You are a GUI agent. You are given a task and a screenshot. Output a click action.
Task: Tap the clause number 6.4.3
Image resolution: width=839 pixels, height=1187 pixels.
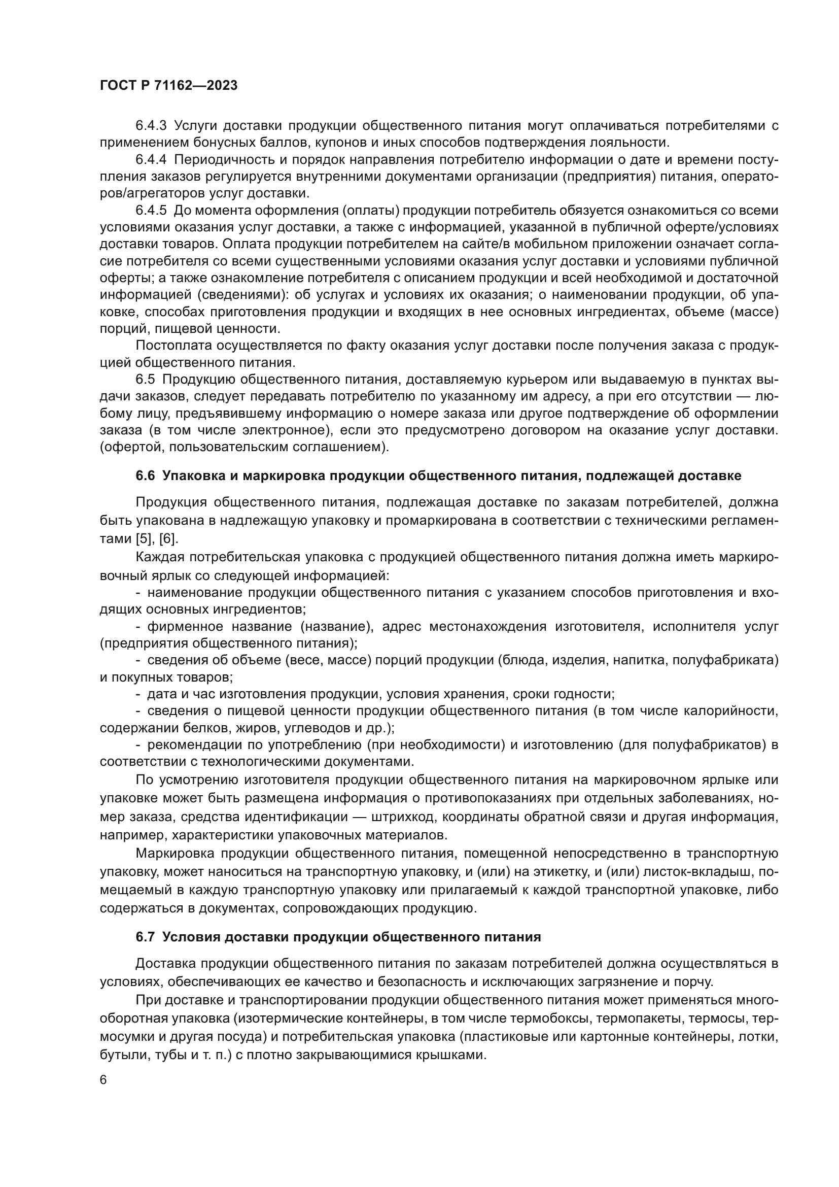click(151, 126)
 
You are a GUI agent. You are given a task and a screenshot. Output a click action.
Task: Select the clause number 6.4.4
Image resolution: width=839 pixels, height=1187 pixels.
click(151, 159)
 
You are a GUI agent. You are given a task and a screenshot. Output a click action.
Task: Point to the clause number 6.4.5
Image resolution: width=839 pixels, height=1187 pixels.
click(151, 211)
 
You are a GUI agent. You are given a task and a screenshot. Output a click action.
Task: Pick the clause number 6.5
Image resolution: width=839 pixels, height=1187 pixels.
click(145, 380)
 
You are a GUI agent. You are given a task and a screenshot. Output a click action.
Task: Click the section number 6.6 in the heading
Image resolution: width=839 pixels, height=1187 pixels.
click(145, 476)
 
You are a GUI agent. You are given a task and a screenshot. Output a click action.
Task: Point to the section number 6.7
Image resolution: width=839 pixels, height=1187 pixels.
click(145, 937)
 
